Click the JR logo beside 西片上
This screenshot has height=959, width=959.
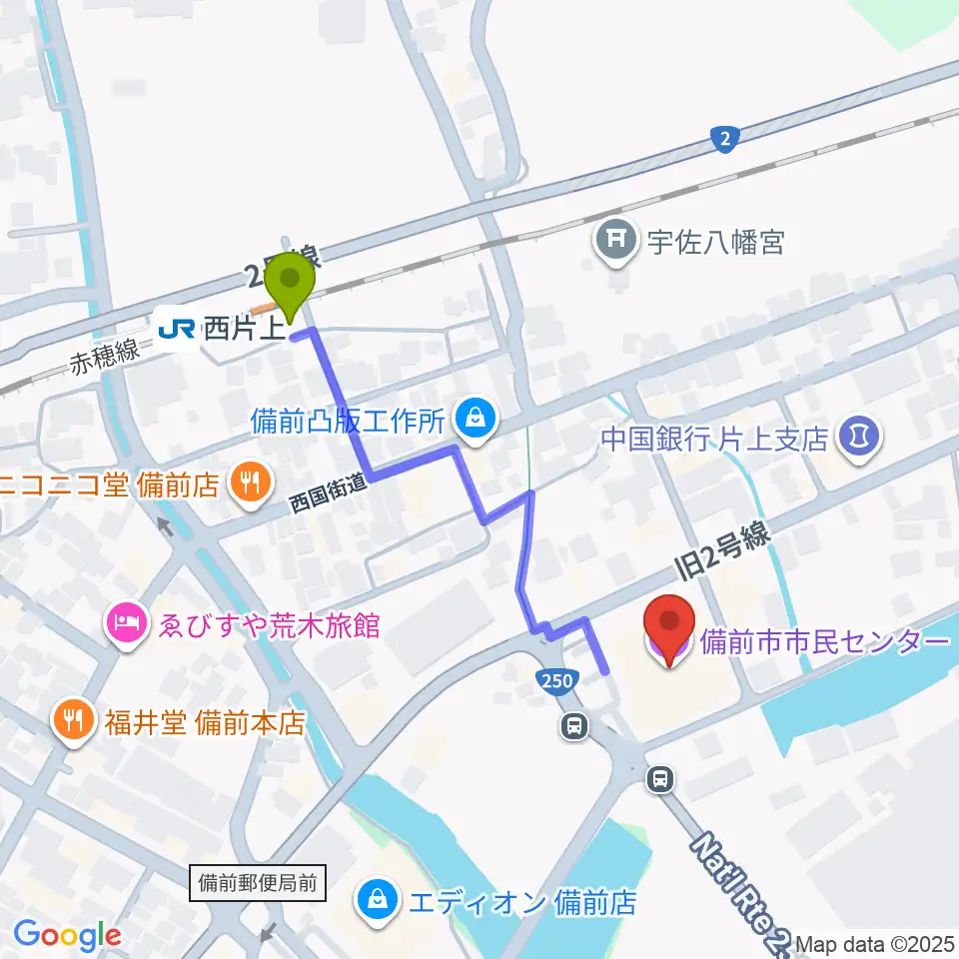[177, 327]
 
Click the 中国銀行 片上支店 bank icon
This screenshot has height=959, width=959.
[860, 437]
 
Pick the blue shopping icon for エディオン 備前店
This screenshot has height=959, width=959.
[380, 902]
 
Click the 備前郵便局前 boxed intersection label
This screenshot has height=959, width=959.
[257, 882]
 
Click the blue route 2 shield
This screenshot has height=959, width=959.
[725, 139]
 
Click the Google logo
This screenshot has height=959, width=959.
[67, 935]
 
